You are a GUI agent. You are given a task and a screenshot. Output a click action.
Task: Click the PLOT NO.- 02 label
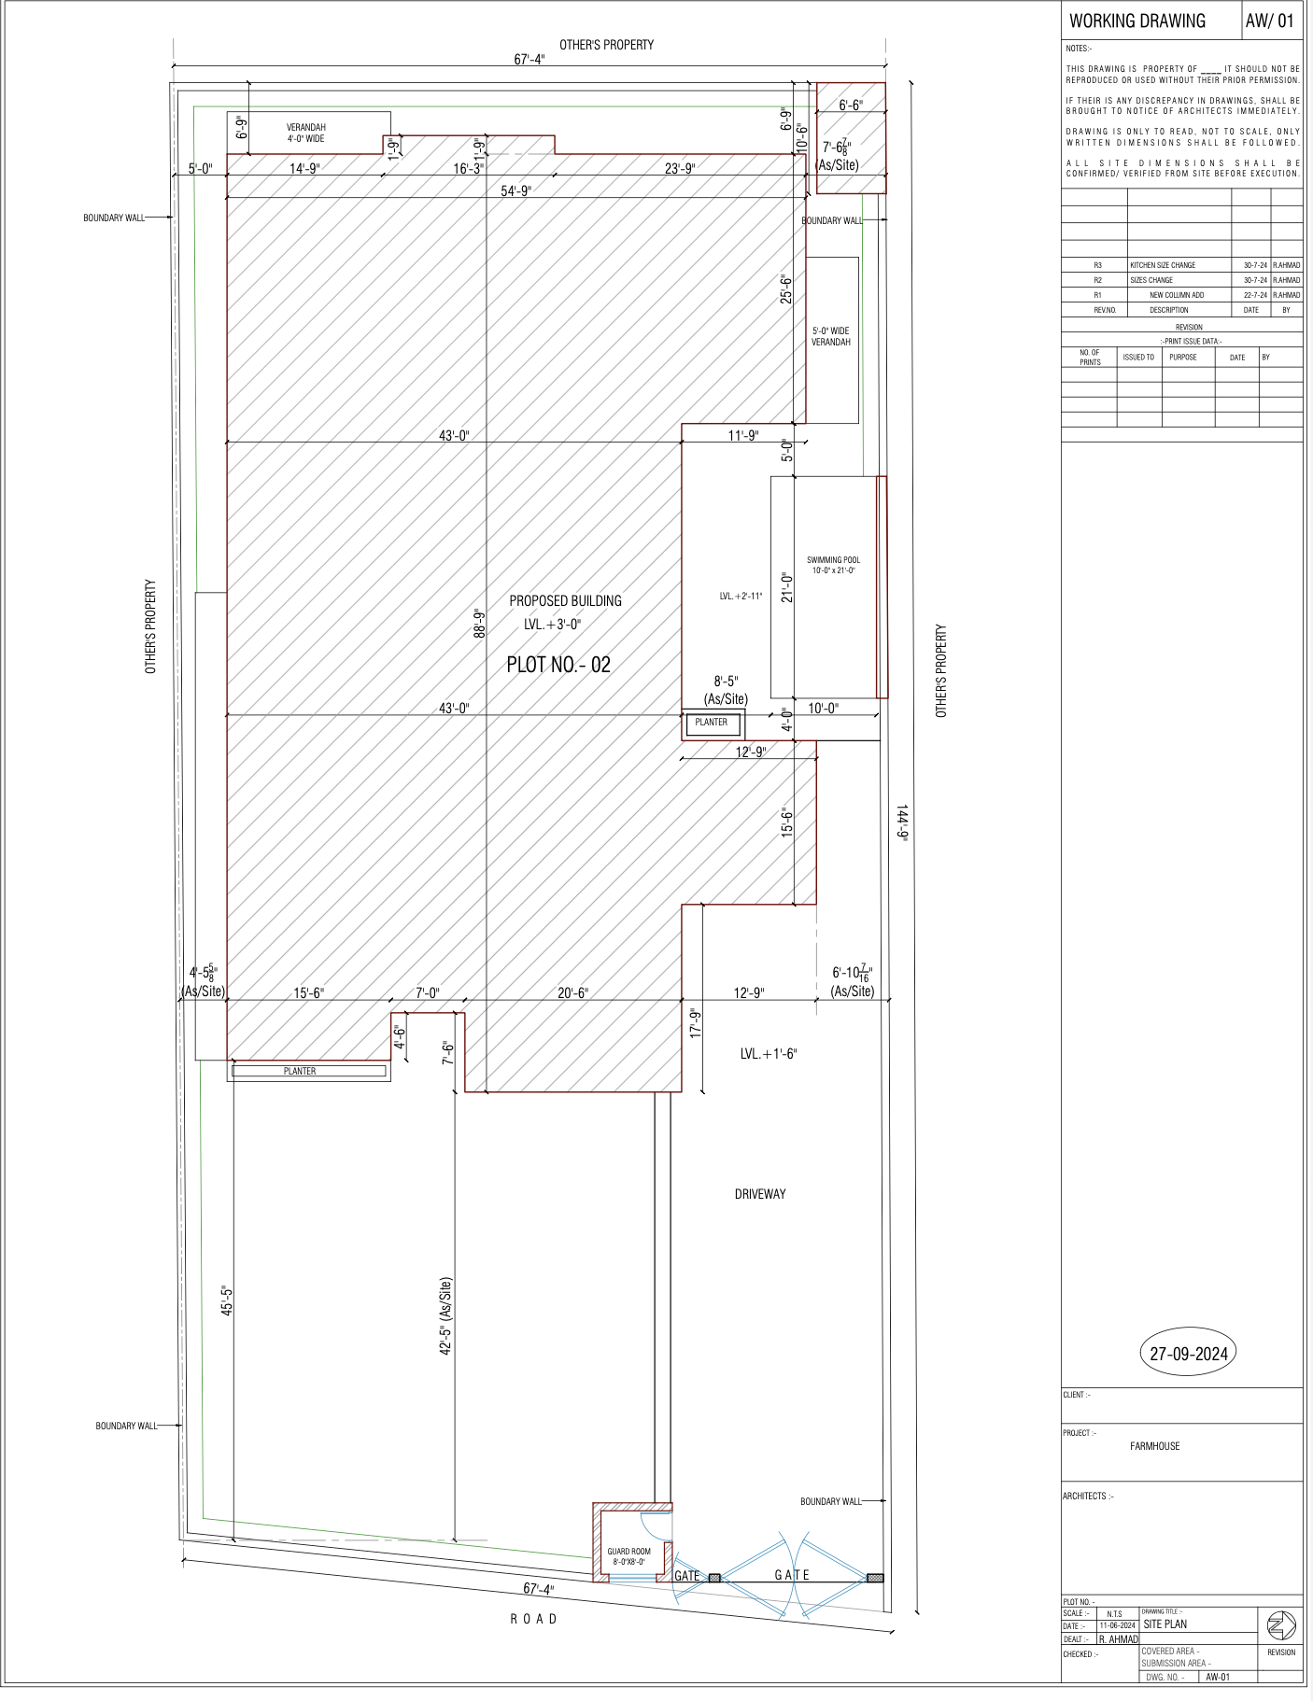pyautogui.click(x=558, y=665)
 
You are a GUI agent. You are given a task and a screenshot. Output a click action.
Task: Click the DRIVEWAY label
pyautogui.click(x=759, y=1194)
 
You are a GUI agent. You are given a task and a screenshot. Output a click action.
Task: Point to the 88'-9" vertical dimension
pyautogui.click(x=480, y=623)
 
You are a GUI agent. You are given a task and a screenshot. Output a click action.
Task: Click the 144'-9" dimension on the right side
pyautogui.click(x=903, y=822)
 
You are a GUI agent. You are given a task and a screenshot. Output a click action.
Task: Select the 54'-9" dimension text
pyautogui.click(x=515, y=190)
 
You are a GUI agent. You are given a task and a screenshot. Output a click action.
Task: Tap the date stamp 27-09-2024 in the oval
pyautogui.click(x=1188, y=1354)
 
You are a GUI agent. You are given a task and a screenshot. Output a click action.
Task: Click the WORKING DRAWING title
pyautogui.click(x=1137, y=21)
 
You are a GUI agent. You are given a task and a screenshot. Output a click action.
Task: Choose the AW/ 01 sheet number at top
pyautogui.click(x=1270, y=21)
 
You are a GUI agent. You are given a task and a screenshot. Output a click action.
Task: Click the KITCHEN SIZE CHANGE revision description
pyautogui.click(x=1163, y=265)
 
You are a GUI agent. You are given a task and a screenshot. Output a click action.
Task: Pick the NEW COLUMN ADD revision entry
pyautogui.click(x=1177, y=295)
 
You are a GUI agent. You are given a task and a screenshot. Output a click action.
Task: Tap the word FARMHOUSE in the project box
pyautogui.click(x=1154, y=1446)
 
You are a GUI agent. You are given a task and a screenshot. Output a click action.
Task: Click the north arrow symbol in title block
pyautogui.click(x=1280, y=1626)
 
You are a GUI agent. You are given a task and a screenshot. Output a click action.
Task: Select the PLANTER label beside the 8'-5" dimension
pyautogui.click(x=711, y=722)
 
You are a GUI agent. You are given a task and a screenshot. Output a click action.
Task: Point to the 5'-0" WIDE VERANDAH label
pyautogui.click(x=830, y=336)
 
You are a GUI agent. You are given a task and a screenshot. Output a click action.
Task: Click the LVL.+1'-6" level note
pyautogui.click(x=768, y=1054)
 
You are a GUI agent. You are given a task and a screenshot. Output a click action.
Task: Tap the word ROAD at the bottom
pyautogui.click(x=533, y=1619)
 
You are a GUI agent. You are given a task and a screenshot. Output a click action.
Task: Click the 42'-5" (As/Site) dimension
pyautogui.click(x=445, y=1316)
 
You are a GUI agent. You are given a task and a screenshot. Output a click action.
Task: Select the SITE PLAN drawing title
pyautogui.click(x=1165, y=1624)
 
